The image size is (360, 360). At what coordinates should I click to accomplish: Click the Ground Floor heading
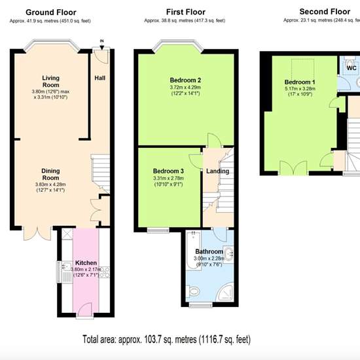coord(51,12)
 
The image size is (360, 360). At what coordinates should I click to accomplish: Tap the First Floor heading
coord(186,12)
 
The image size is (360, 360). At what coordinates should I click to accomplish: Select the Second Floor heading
coord(325,12)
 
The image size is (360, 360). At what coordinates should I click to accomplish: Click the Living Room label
coord(51,81)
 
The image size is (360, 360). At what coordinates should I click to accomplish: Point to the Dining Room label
coord(50,174)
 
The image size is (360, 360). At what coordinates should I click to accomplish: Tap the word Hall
coord(100,78)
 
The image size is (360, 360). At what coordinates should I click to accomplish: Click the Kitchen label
coord(86,263)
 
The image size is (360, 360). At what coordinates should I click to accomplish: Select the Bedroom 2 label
coord(185,80)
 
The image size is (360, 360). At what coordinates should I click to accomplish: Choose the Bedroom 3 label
coord(168,171)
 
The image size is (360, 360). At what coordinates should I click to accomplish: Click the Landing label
coord(217,171)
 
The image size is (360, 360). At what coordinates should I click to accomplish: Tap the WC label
coord(351,68)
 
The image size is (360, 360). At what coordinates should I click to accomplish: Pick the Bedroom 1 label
coord(300,82)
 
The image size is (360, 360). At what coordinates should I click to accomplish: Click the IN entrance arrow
coord(101,46)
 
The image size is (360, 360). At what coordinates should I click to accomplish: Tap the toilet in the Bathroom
coord(194,292)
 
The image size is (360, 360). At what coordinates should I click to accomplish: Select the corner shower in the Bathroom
coord(226,293)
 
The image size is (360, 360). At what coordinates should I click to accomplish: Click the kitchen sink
coord(65,266)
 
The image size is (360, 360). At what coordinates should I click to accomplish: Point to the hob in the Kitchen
coord(105,272)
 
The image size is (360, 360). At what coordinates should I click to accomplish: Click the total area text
coord(166,339)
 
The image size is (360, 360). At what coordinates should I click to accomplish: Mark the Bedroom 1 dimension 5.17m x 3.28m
coord(300,88)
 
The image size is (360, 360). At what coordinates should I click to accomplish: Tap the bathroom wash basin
coord(228,255)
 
